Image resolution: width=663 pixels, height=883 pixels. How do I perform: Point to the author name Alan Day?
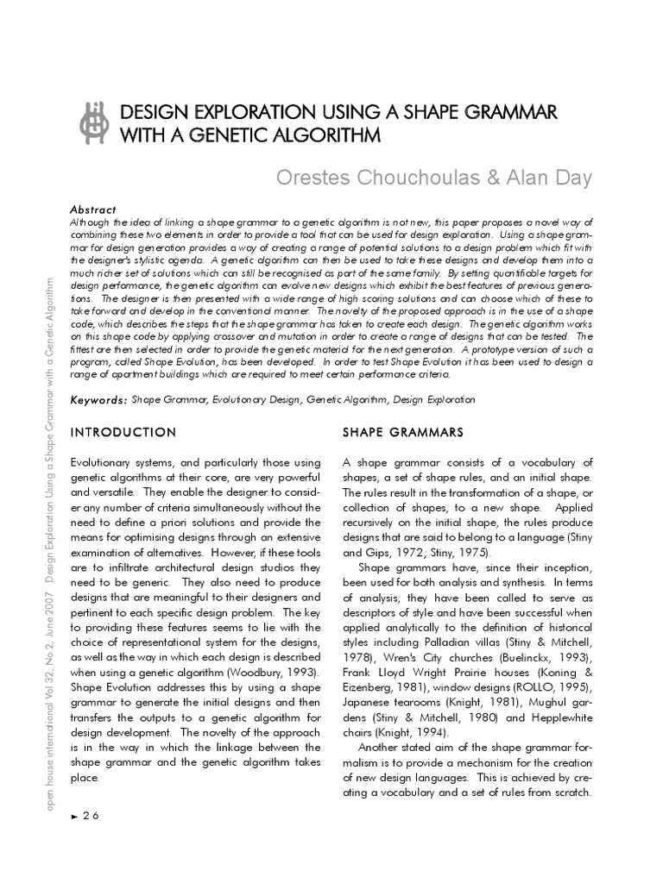coord(552,178)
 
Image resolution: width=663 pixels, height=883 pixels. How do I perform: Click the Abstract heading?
coord(93,210)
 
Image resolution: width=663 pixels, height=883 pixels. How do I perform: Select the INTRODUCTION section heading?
coord(123,431)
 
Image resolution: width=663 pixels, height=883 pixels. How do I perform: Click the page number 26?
coord(92,817)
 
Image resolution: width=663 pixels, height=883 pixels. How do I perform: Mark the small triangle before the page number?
coord(74,817)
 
